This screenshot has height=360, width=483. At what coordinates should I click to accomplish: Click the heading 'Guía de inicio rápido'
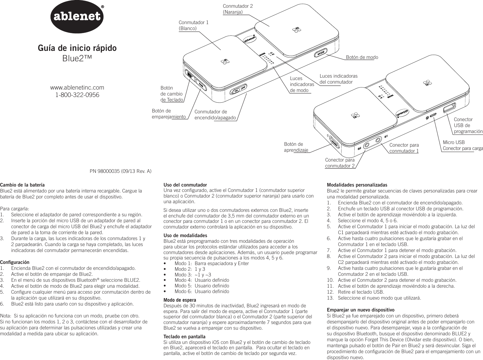(x=77, y=48)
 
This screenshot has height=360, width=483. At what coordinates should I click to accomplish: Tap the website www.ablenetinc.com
(x=77, y=87)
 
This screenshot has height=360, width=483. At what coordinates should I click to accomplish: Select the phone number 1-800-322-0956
(x=77, y=95)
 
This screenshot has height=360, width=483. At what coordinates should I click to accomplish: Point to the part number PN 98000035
(x=121, y=171)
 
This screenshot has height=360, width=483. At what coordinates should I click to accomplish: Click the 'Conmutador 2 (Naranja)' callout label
(x=238, y=9)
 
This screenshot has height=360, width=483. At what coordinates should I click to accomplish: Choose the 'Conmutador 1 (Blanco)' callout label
(x=193, y=25)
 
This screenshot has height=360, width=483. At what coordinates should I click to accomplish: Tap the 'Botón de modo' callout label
(x=362, y=57)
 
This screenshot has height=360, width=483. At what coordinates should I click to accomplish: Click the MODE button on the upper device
(x=320, y=54)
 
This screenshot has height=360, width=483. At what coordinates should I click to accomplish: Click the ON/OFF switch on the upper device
(x=239, y=89)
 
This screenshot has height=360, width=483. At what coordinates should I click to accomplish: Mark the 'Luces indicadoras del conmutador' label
(x=339, y=79)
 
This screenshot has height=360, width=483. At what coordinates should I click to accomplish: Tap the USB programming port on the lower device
(x=449, y=108)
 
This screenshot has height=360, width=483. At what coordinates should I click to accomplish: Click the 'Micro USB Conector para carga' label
(x=462, y=145)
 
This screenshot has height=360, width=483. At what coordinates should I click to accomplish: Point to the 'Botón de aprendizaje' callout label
(x=296, y=147)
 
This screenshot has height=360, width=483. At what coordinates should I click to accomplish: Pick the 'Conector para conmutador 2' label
(x=340, y=163)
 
